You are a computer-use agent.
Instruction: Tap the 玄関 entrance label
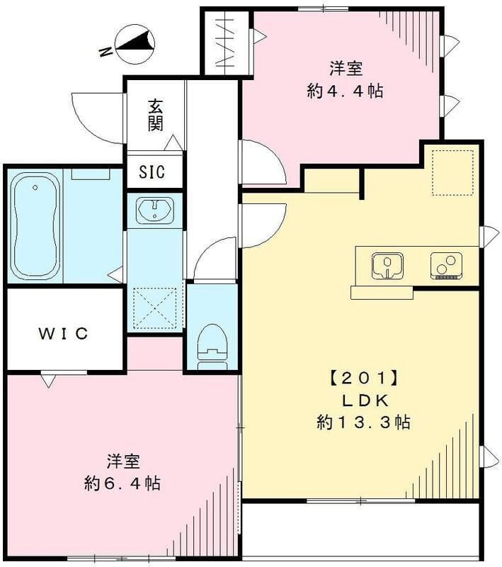click(156, 115)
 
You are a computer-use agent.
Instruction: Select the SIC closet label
click(153, 173)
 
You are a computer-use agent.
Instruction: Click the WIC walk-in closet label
click(64, 333)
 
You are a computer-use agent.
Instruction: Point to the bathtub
click(35, 225)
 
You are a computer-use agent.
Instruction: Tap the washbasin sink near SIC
click(154, 210)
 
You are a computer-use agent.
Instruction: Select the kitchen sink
click(387, 265)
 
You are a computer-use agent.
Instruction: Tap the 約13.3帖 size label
click(363, 423)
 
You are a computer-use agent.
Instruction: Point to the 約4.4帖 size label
click(346, 91)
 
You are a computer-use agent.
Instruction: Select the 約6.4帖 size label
click(122, 484)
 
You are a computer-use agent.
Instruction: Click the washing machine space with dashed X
click(154, 308)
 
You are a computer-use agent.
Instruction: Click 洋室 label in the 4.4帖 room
click(346, 69)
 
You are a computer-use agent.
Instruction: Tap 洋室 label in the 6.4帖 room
click(122, 461)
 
